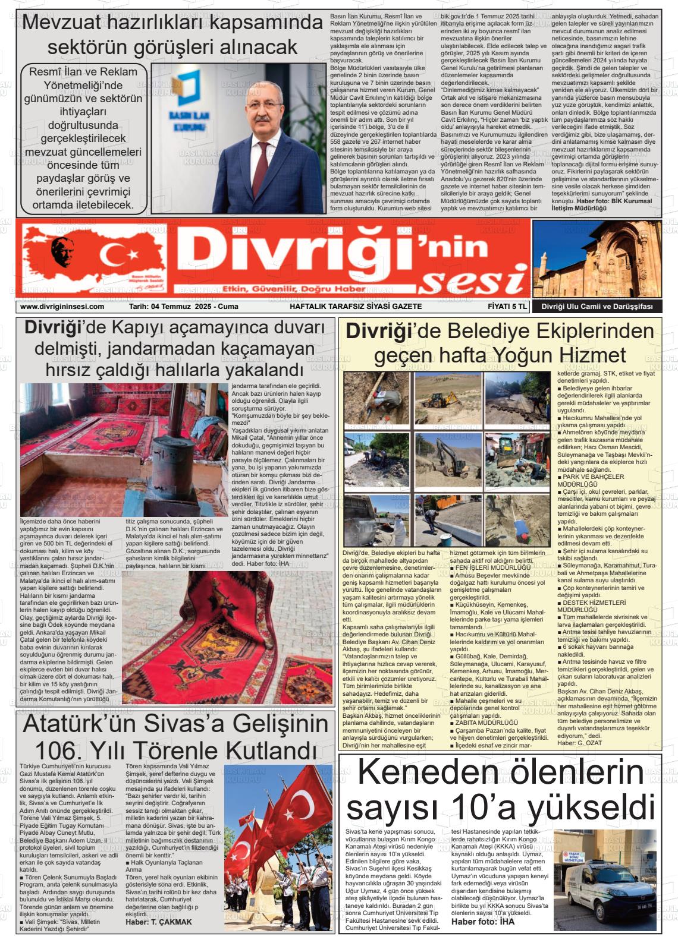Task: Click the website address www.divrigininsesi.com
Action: coord(62,307)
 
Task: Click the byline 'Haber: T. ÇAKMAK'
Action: coord(159,922)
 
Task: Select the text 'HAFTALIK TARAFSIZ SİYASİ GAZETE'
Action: coord(355,307)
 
